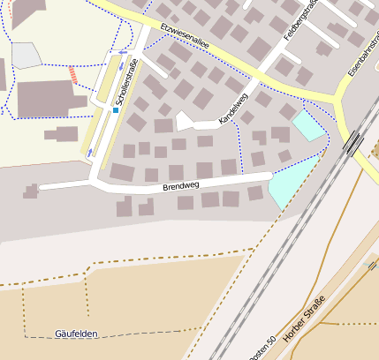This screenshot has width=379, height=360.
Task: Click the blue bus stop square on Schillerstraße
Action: click(x=115, y=110)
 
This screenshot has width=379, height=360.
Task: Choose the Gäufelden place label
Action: click(x=76, y=334)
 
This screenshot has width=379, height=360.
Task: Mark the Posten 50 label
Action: click(x=262, y=343)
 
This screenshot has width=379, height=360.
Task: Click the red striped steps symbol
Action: click(x=73, y=76)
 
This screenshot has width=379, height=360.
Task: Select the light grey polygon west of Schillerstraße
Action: click(x=26, y=55)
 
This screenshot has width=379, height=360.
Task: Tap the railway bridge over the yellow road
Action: click(x=354, y=141)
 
